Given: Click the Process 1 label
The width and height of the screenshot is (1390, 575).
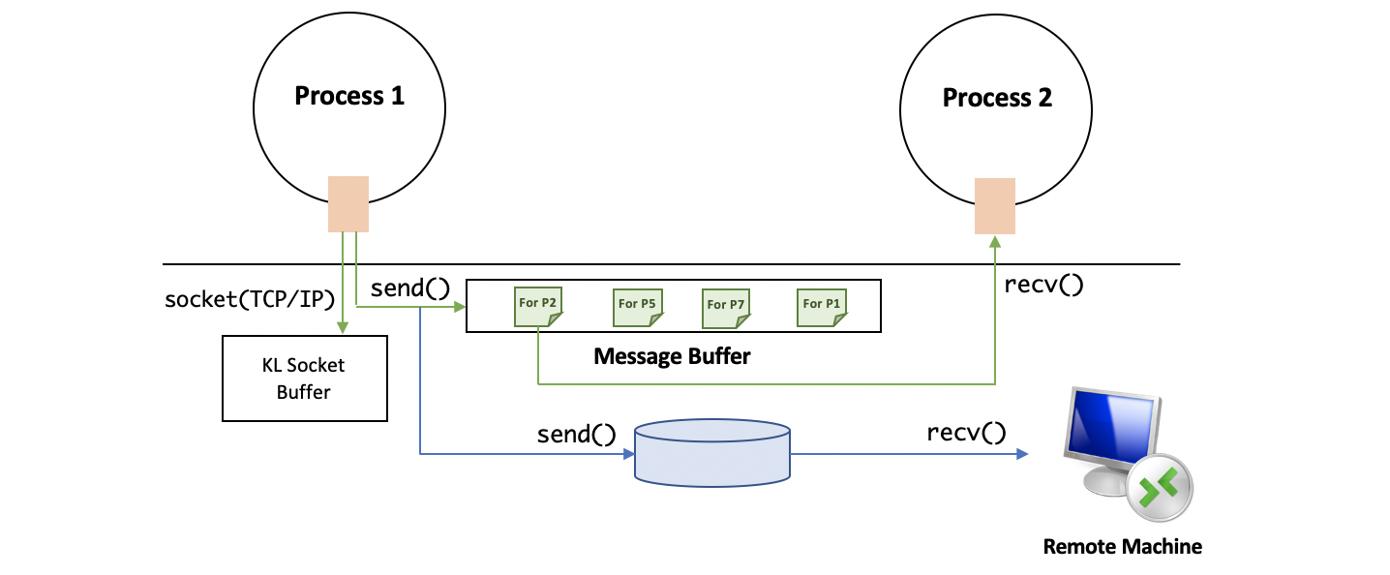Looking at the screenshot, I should [348, 96].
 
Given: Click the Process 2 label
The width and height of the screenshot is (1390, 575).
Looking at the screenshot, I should [997, 98].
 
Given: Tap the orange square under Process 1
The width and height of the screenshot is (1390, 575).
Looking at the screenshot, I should [348, 203].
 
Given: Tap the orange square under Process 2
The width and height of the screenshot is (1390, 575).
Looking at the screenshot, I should [995, 206].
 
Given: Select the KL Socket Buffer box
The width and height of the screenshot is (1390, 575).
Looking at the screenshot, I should [304, 378].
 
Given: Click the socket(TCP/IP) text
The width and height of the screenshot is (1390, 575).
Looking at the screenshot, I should [251, 297].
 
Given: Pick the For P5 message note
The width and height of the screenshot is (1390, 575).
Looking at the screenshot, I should [635, 306].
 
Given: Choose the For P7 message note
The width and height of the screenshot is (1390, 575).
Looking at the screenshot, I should [724, 306].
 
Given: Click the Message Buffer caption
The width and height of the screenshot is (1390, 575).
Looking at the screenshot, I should [672, 356].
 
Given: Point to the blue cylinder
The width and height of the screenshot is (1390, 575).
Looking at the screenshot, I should [712, 452].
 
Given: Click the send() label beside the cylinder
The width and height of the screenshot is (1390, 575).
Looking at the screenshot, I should [576, 435].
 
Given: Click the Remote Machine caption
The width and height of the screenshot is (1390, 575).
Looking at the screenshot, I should [1122, 547].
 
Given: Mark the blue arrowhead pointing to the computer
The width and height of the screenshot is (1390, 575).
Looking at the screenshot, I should [1022, 453].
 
